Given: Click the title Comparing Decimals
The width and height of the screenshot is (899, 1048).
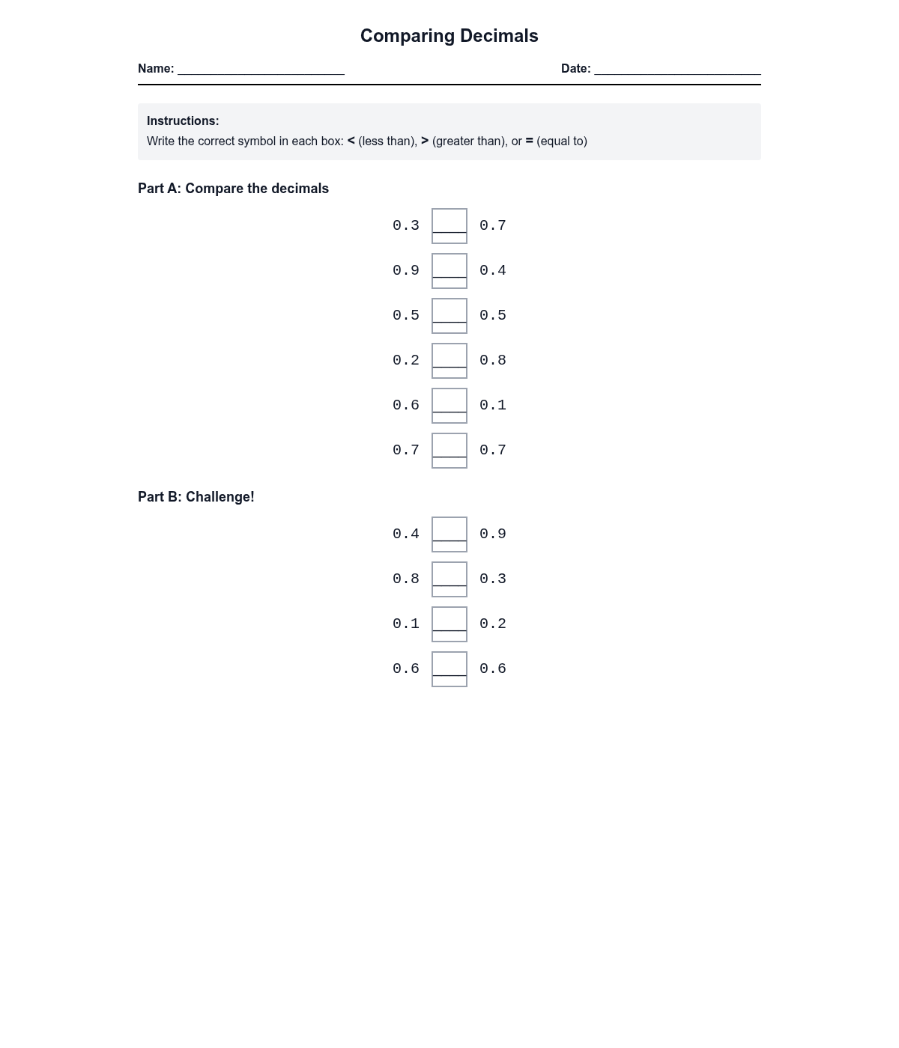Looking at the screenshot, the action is [449, 36].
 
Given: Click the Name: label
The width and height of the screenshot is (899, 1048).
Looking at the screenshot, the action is [156, 69].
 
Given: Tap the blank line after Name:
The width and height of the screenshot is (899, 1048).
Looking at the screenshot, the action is [261, 70].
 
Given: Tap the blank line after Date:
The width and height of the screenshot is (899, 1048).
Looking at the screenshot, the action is [677, 70].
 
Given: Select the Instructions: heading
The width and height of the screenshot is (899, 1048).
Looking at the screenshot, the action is [183, 121].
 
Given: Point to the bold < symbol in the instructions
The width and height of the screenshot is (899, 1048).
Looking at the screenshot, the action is [351, 141].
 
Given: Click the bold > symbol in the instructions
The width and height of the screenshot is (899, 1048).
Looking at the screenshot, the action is [425, 141].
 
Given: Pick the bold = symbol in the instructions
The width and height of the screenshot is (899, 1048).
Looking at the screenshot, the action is [529, 141].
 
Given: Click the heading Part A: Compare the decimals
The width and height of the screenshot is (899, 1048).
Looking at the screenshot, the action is [233, 189].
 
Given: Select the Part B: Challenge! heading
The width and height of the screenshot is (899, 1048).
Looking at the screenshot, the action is [196, 497].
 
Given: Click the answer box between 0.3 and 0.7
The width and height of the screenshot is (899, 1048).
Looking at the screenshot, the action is [449, 226].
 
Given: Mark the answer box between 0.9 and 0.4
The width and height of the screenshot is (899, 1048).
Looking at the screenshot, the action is [449, 271].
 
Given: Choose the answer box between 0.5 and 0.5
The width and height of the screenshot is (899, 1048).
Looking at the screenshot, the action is [449, 316].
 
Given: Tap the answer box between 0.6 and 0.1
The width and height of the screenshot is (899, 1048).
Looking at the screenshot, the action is [449, 406].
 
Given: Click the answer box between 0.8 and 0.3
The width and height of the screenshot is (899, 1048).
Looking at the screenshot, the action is [449, 579].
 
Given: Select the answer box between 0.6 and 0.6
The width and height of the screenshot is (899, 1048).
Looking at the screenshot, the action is [449, 669].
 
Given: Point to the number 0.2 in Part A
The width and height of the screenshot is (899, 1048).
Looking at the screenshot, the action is [406, 360].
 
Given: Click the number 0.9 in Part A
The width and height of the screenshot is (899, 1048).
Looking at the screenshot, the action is [406, 270].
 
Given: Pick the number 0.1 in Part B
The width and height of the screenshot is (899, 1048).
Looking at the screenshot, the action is [406, 624].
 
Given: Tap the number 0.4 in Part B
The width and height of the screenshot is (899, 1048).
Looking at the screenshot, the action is [406, 534].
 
